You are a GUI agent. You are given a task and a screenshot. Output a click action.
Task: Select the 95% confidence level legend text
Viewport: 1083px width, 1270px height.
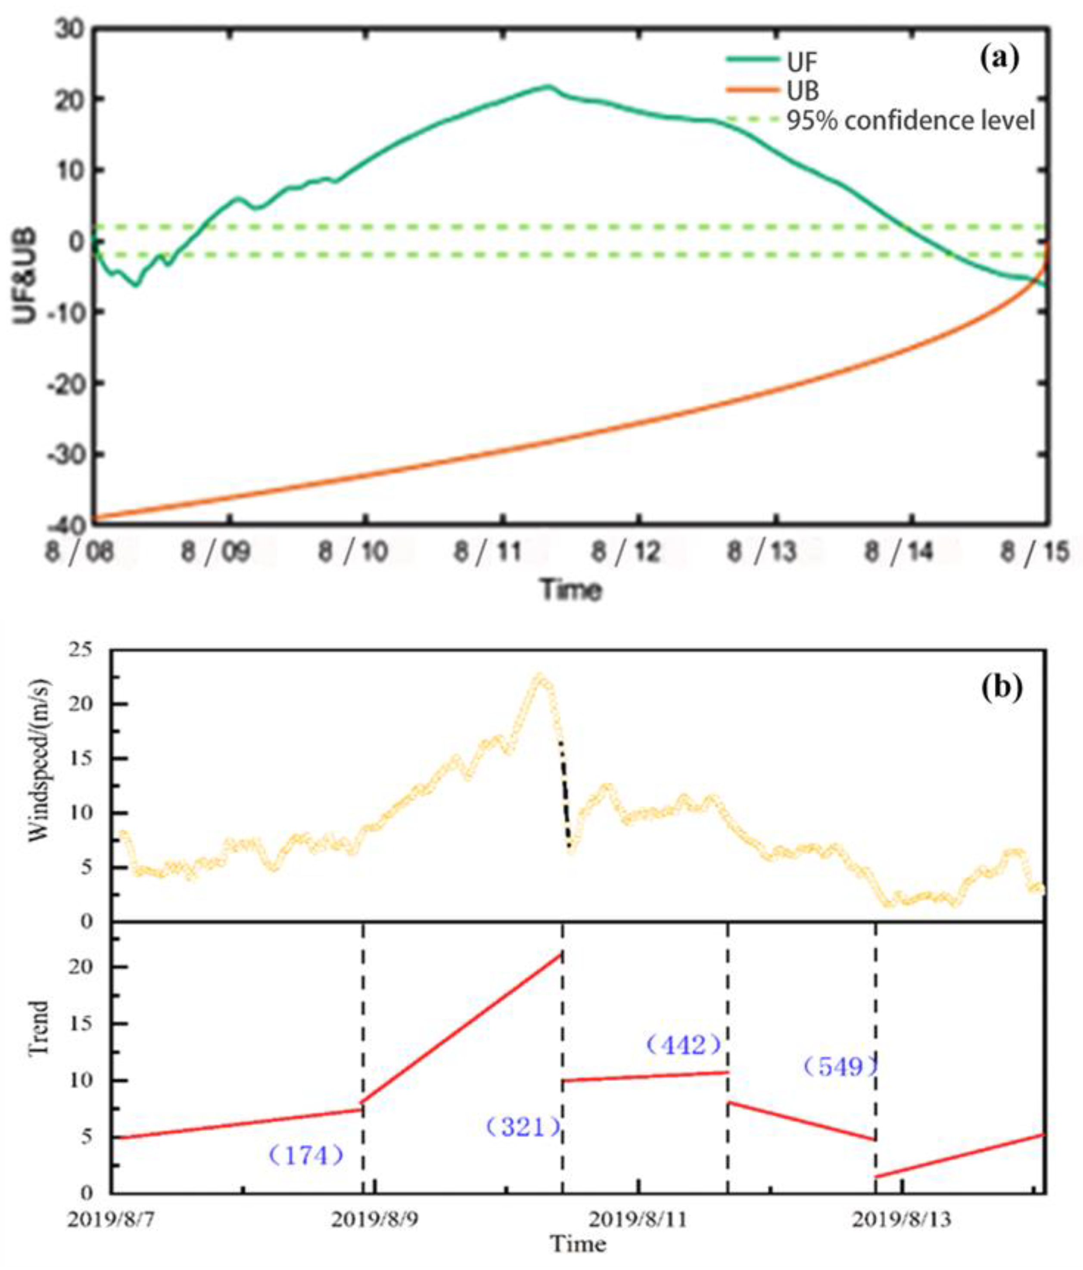pyautogui.click(x=910, y=121)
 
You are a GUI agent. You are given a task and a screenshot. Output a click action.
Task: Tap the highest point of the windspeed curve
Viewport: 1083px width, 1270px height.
pyautogui.click(x=539, y=676)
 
